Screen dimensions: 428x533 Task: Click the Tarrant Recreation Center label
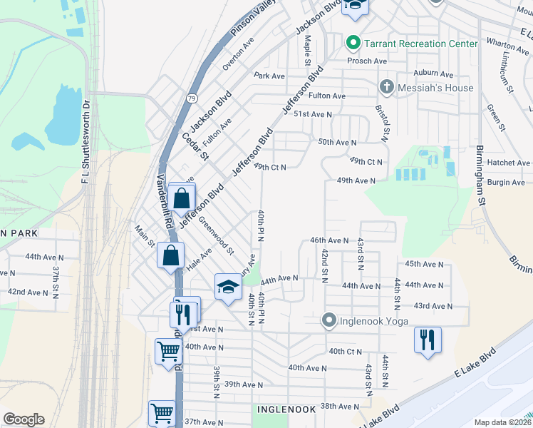pos(420,44)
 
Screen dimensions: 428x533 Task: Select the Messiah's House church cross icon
pos(386,87)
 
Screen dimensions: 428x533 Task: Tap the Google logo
pos(24,419)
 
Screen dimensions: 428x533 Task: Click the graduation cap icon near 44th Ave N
pos(228,287)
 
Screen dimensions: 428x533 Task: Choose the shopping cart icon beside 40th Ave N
pos(168,350)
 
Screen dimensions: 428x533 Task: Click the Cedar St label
pos(195,146)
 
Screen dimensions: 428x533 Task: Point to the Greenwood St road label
pos(216,235)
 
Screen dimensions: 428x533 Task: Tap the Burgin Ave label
pos(507,183)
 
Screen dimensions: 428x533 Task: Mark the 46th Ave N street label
pos(328,241)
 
